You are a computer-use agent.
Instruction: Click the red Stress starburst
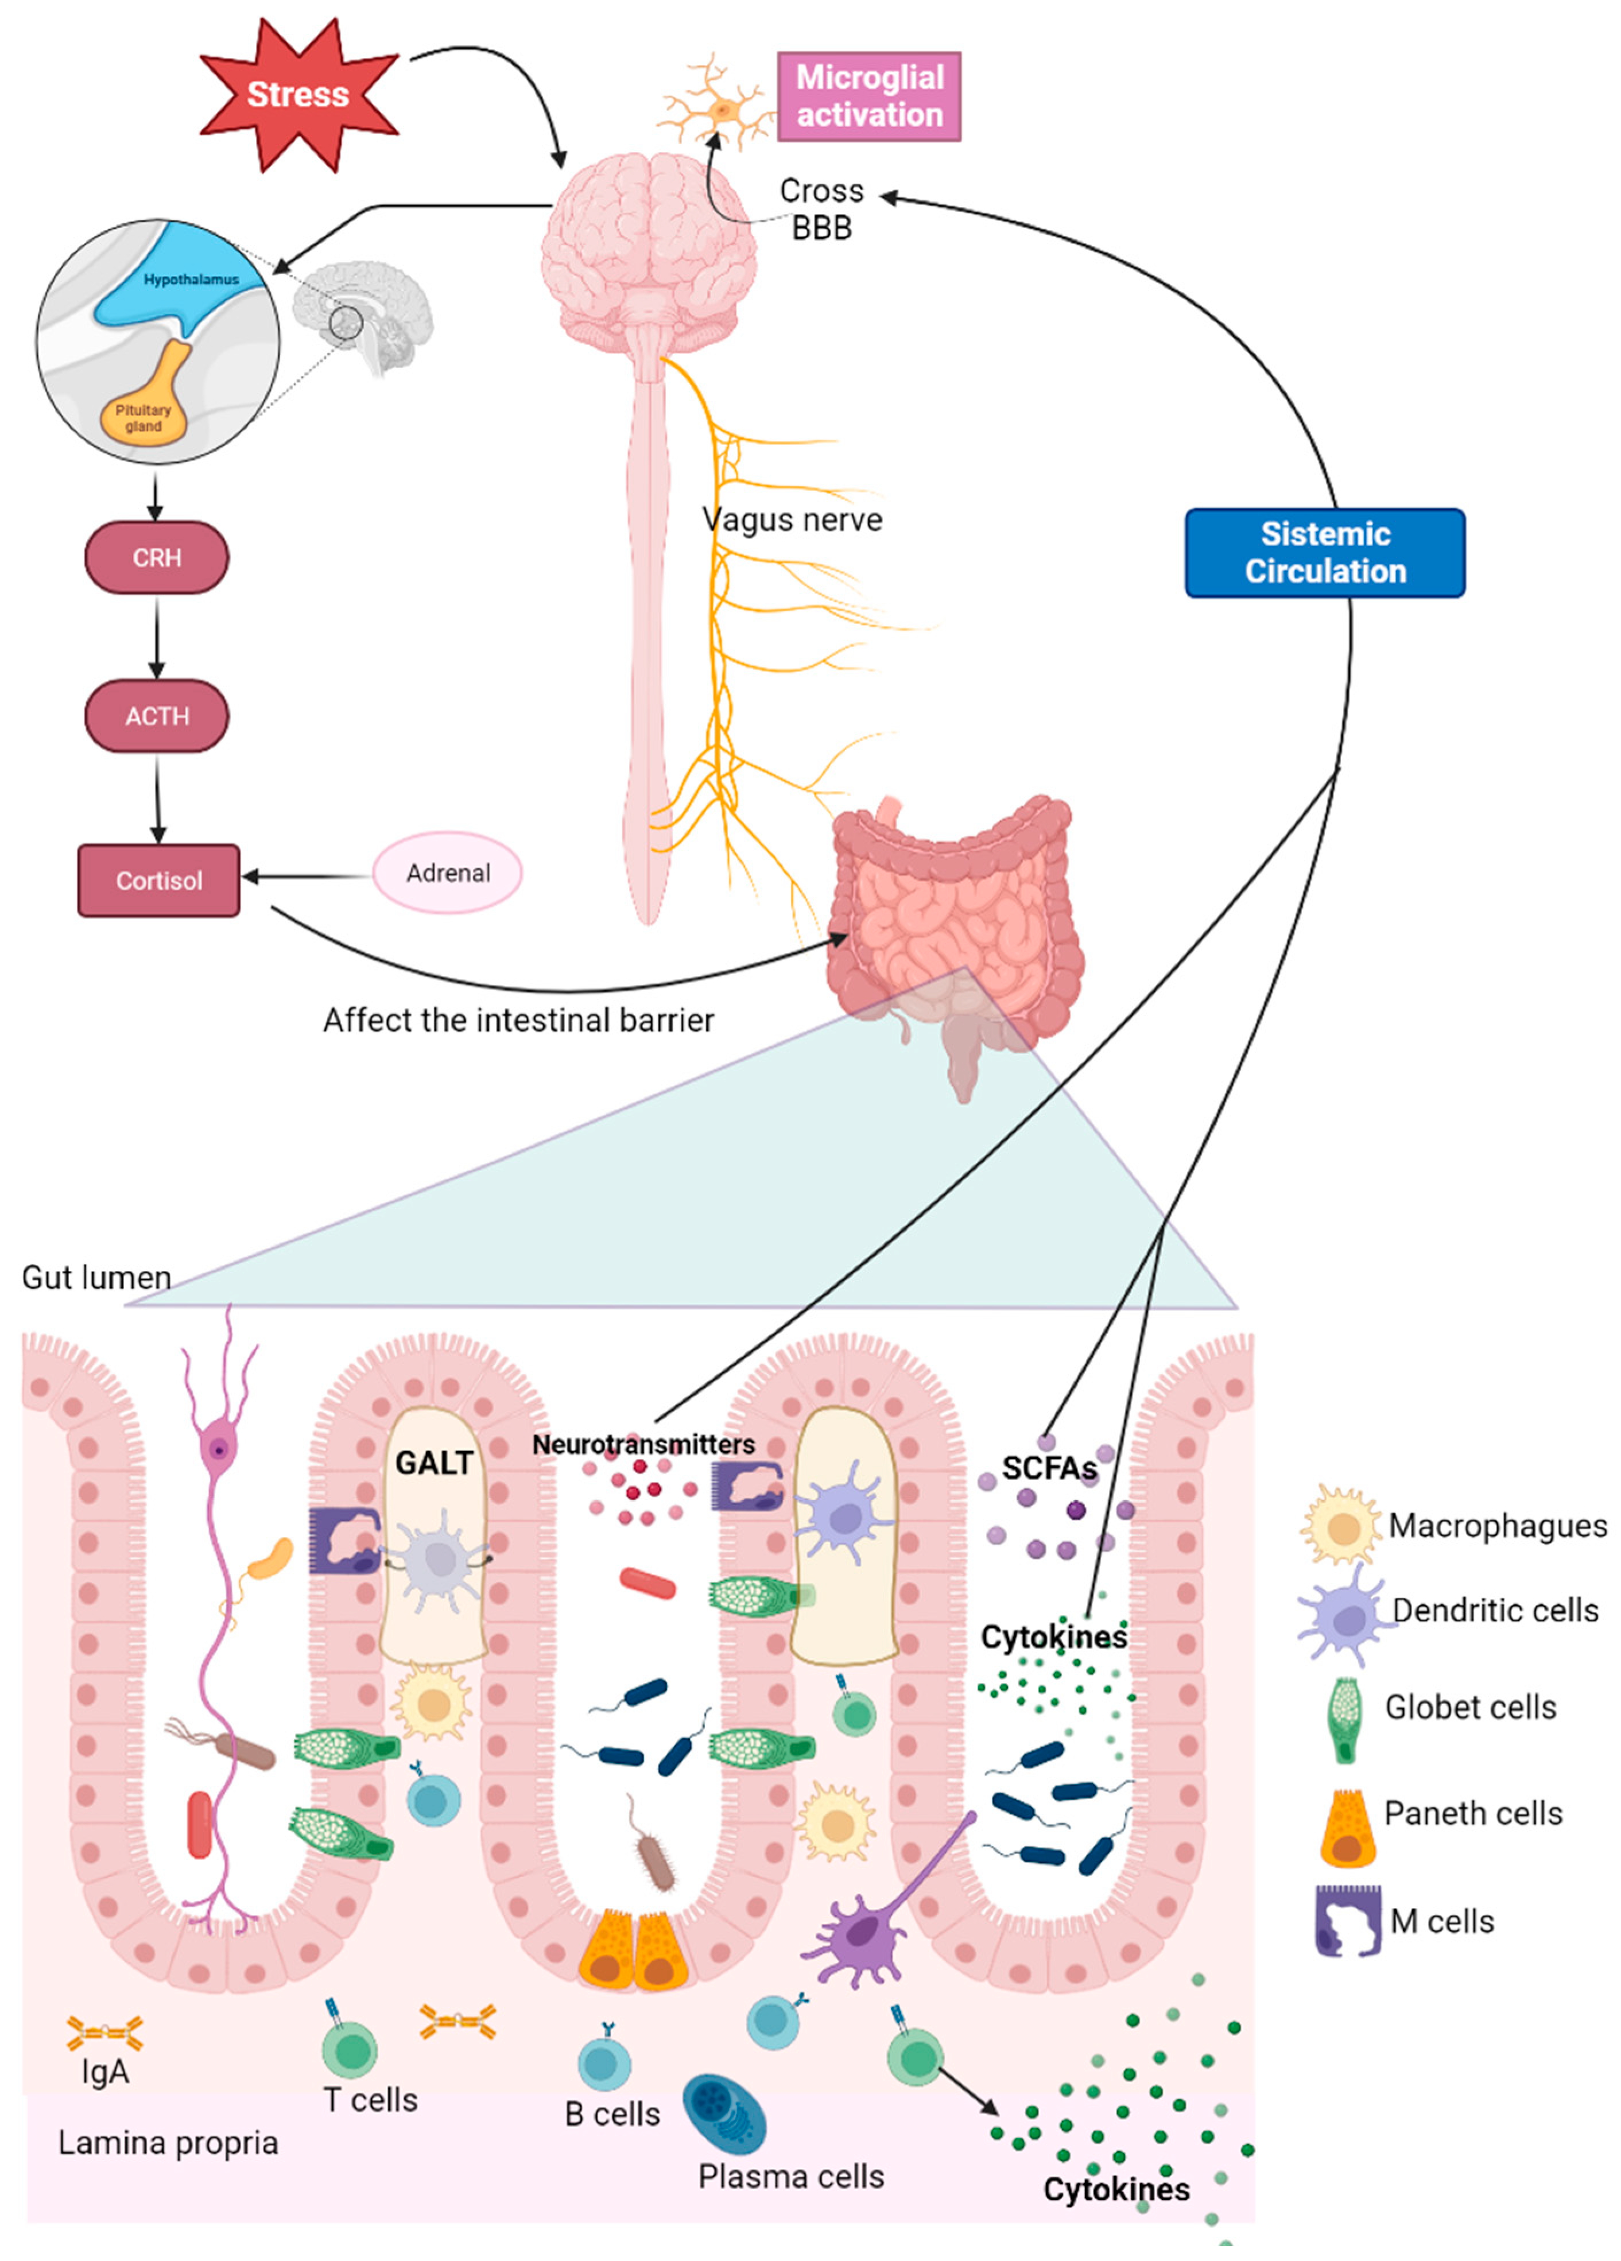[x=297, y=95]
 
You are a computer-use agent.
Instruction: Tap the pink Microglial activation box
[x=868, y=96]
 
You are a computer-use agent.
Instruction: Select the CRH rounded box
[x=157, y=557]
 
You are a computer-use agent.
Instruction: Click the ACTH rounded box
[x=157, y=716]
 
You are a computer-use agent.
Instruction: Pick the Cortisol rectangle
[x=158, y=881]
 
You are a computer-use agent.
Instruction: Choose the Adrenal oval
[x=448, y=872]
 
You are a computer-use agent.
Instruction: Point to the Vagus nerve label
[x=792, y=519]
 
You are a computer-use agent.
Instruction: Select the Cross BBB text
[x=821, y=208]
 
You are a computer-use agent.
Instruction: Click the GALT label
[x=433, y=1463]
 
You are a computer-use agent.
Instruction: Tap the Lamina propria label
[x=168, y=2142]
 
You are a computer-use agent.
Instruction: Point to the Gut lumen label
[x=96, y=1277]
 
